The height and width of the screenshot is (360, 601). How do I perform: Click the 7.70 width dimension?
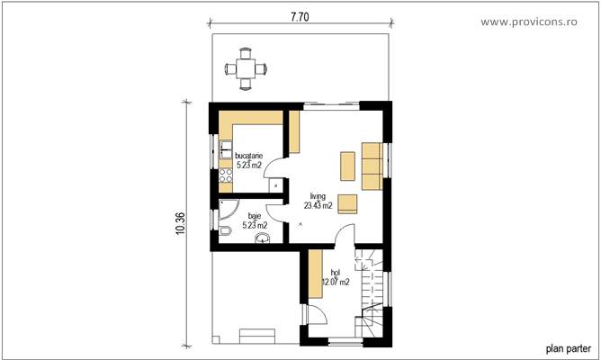299,16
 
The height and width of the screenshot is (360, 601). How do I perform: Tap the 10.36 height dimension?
180,220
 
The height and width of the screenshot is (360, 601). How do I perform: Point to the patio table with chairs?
246,67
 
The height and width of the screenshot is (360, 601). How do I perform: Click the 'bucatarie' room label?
248,155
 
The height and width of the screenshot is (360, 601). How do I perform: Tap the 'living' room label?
318,195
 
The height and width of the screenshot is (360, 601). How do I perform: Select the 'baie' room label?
254,216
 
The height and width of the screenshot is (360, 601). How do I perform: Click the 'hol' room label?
336,272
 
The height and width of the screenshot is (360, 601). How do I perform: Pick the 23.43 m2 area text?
318,205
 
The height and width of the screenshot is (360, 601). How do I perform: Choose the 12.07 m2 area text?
336,282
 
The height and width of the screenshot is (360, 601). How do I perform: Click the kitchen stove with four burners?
226,175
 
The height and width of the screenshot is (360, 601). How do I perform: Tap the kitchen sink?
226,149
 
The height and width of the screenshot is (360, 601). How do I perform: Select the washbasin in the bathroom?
262,238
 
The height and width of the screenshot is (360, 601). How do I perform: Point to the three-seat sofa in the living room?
372,166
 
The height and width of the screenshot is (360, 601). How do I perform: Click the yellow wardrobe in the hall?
316,274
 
